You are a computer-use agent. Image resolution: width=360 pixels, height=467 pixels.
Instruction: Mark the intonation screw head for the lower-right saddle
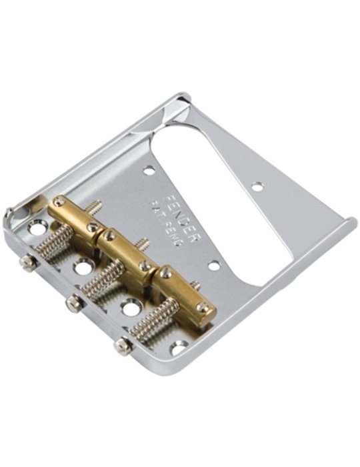coord(121,345)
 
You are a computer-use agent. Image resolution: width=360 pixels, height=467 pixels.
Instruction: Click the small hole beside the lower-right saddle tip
coord(213,265)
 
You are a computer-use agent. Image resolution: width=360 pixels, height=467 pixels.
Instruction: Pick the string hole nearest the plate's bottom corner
coord(179,348)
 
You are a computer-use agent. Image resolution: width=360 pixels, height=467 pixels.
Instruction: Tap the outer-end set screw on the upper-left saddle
coord(59,201)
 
